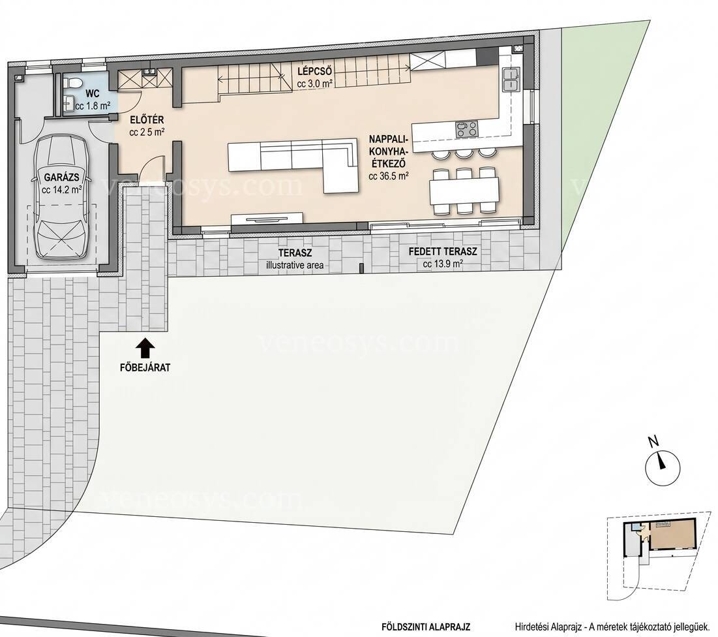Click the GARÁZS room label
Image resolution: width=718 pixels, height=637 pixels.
tap(61, 178)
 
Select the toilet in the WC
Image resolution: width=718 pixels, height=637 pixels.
tap(73, 82)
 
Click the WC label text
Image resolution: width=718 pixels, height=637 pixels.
tap(93, 95)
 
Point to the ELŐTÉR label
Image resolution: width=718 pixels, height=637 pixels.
tap(147, 120)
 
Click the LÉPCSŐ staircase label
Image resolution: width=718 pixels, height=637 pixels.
tap(314, 72)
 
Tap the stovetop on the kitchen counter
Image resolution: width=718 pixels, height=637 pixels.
tap(467, 129)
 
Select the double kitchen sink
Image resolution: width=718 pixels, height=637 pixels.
tap(510, 79)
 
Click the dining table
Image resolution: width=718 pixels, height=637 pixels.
tap(464, 191)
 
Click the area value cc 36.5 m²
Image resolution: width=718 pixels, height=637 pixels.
tap(388, 176)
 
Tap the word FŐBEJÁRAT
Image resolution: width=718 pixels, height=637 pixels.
tap(145, 367)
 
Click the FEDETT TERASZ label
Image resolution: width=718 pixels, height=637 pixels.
tap(443, 251)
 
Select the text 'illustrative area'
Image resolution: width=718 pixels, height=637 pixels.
tap(295, 265)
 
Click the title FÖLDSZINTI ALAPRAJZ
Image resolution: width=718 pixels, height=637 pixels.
tap(426, 627)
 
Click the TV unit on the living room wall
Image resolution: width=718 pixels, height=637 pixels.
tap(267, 219)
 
